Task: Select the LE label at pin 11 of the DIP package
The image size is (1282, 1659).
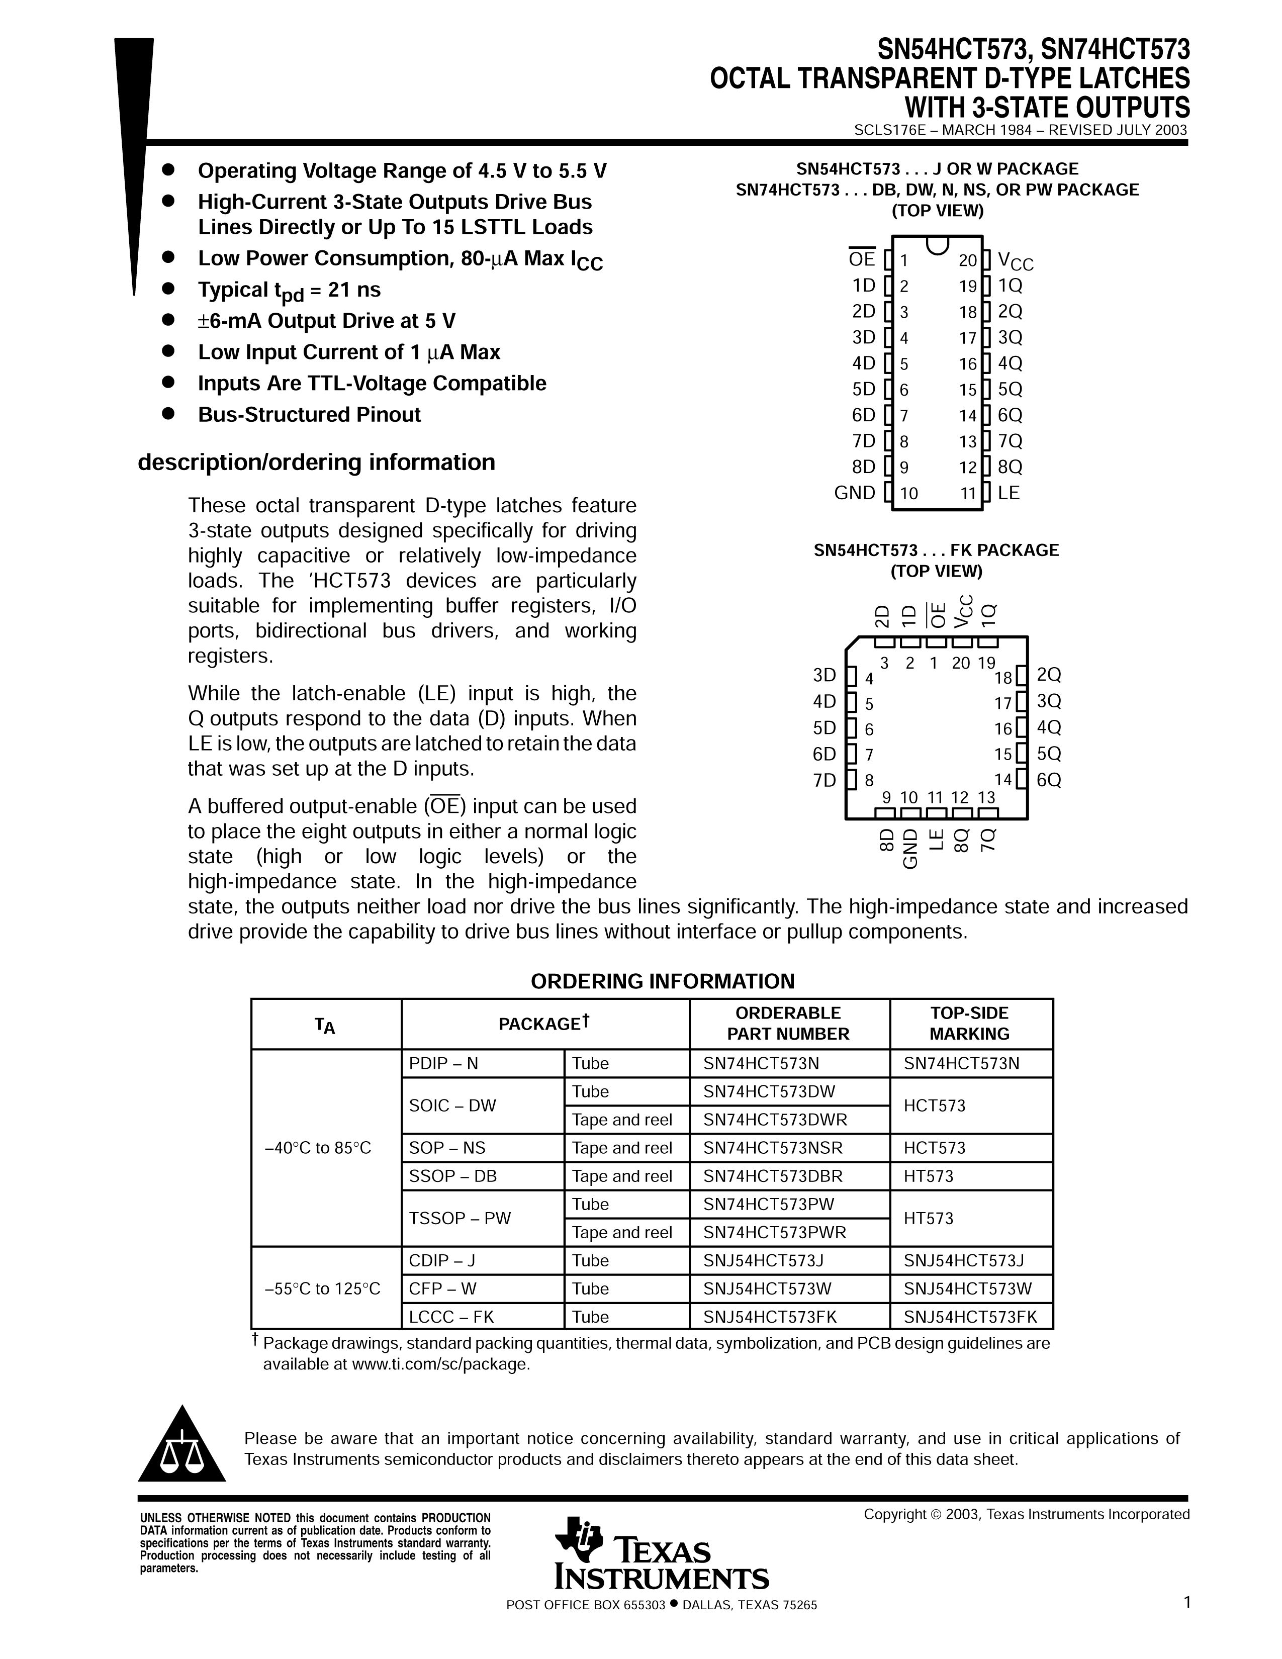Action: [1009, 493]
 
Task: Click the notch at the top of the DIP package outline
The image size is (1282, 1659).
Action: [937, 244]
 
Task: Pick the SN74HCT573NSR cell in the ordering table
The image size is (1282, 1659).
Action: [773, 1148]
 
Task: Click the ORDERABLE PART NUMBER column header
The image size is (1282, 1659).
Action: [788, 1023]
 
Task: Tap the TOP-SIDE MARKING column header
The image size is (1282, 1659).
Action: [969, 1023]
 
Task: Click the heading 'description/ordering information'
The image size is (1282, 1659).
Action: [316, 463]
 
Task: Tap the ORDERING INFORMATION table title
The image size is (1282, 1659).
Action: [662, 981]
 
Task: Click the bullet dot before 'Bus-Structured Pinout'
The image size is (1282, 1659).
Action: [168, 414]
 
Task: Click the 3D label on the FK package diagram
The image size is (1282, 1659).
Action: [824, 675]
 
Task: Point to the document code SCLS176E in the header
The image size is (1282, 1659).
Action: [887, 130]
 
